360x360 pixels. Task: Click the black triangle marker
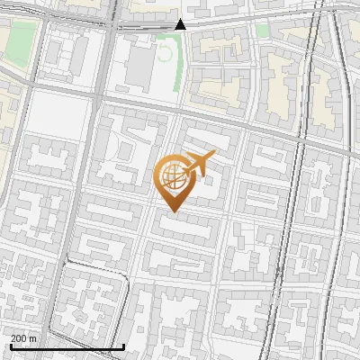(181, 24)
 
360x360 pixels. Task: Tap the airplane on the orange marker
(198, 164)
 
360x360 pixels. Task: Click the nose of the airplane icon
(213, 156)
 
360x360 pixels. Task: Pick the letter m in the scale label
(33, 338)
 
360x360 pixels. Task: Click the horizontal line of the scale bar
(67, 346)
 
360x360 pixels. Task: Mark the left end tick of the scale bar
(10, 345)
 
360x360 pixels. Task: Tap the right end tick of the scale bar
(123, 345)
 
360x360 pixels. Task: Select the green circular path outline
(164, 50)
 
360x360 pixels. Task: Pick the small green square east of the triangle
(261, 31)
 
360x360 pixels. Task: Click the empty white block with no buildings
(59, 113)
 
